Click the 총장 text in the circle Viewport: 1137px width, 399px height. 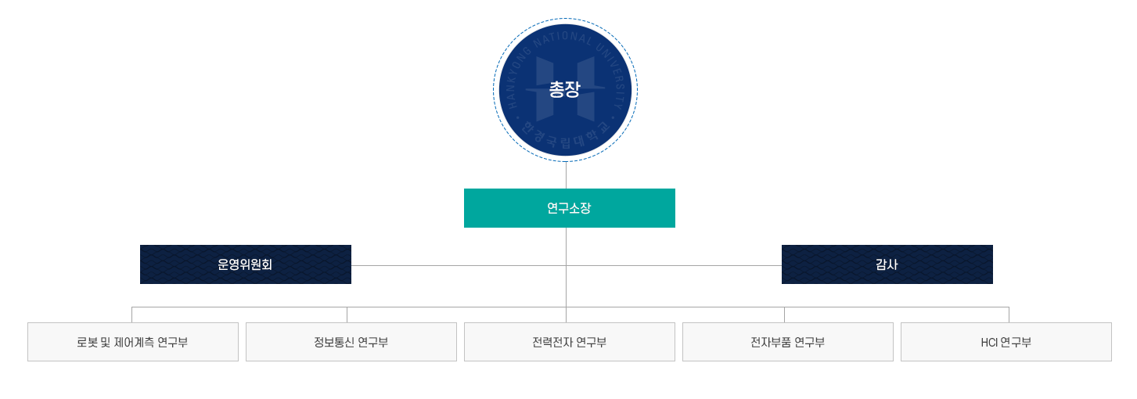pos(564,90)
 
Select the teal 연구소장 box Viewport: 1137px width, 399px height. pos(570,208)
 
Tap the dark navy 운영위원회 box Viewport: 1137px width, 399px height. pos(246,264)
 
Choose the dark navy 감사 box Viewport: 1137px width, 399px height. pos(887,264)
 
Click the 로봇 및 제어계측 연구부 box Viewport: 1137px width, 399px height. pos(133,342)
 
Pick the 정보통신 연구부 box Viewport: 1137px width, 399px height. pos(351,342)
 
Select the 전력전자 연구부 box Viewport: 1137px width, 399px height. pos(570,342)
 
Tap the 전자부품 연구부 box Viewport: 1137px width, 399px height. pos(788,342)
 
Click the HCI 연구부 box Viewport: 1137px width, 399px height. pos(1006,342)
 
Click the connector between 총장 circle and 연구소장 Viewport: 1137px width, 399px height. pos(566,175)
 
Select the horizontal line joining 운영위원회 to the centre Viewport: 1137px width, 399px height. pos(459,265)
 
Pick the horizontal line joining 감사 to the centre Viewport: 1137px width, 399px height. pos(674,265)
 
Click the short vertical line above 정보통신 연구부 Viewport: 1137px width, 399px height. pos(347,315)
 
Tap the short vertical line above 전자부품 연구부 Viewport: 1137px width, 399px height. pos(784,315)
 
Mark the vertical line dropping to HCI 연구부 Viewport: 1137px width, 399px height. pos(1009,315)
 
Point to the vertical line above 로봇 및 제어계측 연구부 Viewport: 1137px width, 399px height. pos(132,315)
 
